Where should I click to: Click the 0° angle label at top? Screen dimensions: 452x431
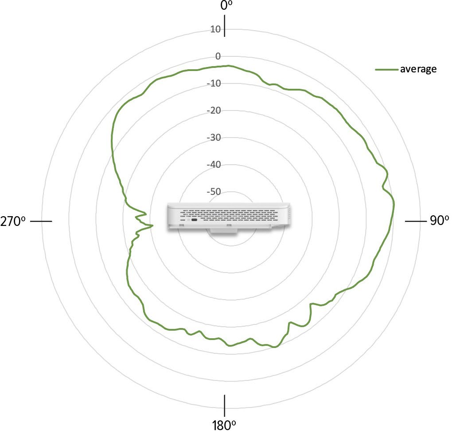point(226,5)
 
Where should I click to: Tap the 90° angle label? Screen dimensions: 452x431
point(439,221)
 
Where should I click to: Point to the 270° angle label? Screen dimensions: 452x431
point(13,221)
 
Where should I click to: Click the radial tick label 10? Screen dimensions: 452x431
point(215,29)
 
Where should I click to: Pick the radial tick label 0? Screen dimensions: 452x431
point(218,56)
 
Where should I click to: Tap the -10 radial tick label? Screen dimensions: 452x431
point(214,83)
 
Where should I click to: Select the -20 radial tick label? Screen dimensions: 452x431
point(214,110)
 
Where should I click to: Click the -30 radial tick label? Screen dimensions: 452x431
point(214,138)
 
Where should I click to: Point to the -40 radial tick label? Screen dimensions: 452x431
point(214,165)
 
